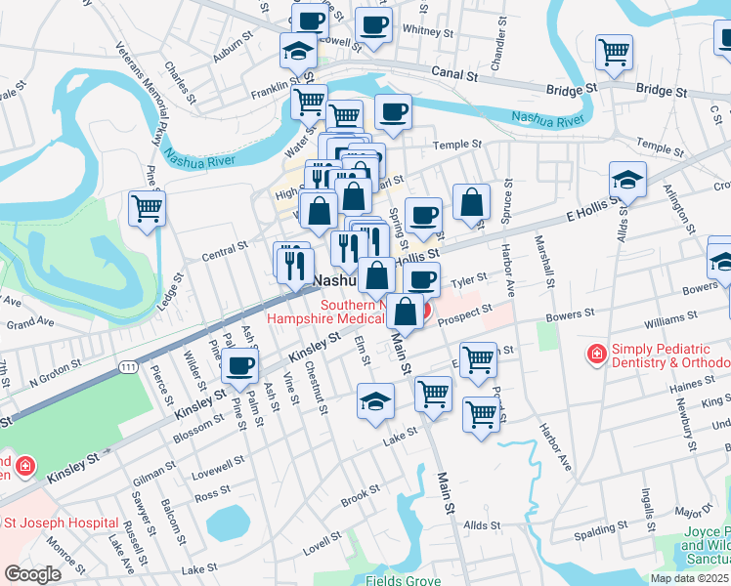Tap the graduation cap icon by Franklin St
click(299, 50)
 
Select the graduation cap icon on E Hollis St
click(627, 180)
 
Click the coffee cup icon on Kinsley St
click(240, 366)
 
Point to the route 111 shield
click(128, 365)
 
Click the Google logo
click(33, 574)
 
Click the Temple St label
click(458, 145)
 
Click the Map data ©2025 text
click(689, 578)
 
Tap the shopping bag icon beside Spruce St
click(471, 203)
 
